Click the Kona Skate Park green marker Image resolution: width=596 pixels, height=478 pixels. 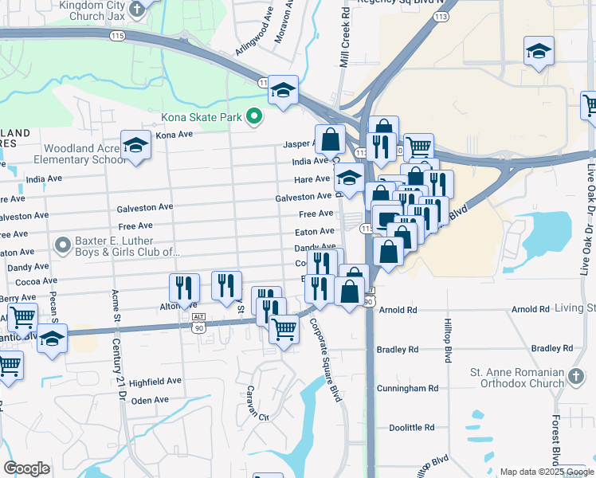tap(254, 117)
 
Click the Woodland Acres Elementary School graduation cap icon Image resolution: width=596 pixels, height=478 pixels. tap(135, 145)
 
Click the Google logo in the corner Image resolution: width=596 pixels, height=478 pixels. tap(26, 468)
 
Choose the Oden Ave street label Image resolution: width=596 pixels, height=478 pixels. tap(150, 400)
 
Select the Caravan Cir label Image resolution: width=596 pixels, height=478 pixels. tap(257, 402)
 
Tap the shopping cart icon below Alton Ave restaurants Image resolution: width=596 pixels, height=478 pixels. tap(284, 327)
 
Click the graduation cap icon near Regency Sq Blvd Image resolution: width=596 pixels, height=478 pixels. tap(539, 51)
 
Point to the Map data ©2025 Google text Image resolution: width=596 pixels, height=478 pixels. tap(547, 472)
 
